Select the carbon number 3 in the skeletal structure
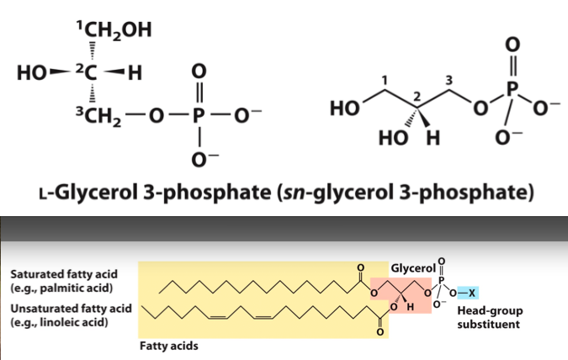449,81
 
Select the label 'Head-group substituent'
486,315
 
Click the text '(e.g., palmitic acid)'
57,288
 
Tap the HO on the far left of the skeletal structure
344,110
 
